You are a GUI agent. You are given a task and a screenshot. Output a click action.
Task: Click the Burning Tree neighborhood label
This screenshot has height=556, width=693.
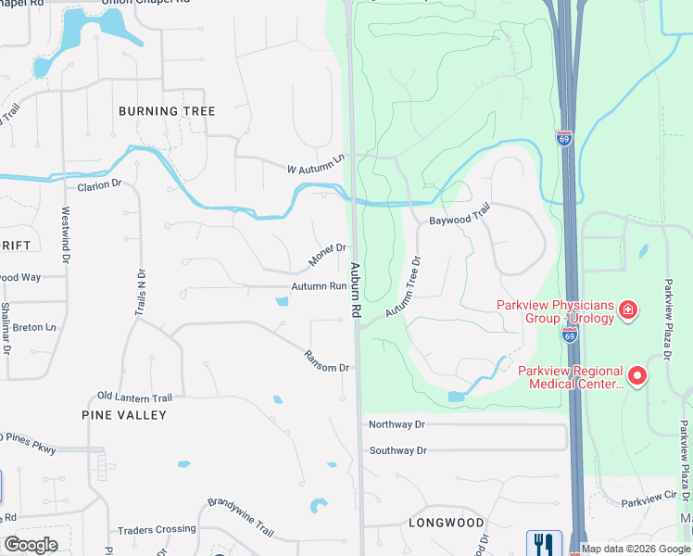tap(167, 111)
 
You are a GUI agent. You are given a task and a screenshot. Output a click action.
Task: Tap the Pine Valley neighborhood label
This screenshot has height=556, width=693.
tap(124, 415)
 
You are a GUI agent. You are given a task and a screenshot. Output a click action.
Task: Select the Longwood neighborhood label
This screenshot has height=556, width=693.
tap(447, 523)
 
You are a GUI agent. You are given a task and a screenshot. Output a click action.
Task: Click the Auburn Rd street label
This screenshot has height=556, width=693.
tap(355, 292)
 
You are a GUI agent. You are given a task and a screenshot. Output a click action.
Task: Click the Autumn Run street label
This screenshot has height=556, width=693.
tap(319, 287)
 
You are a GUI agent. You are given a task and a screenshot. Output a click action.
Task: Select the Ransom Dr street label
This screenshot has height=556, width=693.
tap(327, 361)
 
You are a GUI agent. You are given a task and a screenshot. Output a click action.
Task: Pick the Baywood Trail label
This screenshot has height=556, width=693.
tap(459, 217)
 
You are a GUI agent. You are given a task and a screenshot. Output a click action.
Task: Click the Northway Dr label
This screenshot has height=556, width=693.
tap(397, 424)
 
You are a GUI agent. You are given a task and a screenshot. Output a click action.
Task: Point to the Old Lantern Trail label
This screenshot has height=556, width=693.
tap(134, 397)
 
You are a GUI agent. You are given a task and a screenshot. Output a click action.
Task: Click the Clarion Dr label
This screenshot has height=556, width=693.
tap(99, 184)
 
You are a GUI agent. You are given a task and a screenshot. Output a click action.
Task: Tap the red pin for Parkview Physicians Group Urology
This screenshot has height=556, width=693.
tap(628, 309)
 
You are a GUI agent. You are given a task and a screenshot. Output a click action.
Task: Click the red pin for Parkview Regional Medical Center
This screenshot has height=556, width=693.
tap(637, 376)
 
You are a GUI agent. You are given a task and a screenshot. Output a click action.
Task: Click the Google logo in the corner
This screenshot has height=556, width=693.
tap(30, 545)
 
